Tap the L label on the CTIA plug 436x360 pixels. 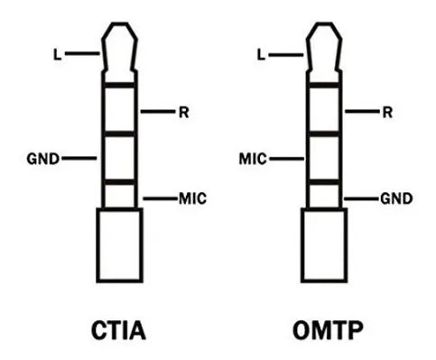58,55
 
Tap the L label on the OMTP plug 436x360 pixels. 262,55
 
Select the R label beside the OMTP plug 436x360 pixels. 387,112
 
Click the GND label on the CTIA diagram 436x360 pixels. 43,159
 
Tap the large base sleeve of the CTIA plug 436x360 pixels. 120,248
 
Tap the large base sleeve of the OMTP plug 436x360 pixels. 324,248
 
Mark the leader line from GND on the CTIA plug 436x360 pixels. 79,159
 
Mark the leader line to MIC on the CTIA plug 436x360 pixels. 159,198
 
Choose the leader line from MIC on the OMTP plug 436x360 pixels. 284,159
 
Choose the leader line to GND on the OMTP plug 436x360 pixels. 362,198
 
